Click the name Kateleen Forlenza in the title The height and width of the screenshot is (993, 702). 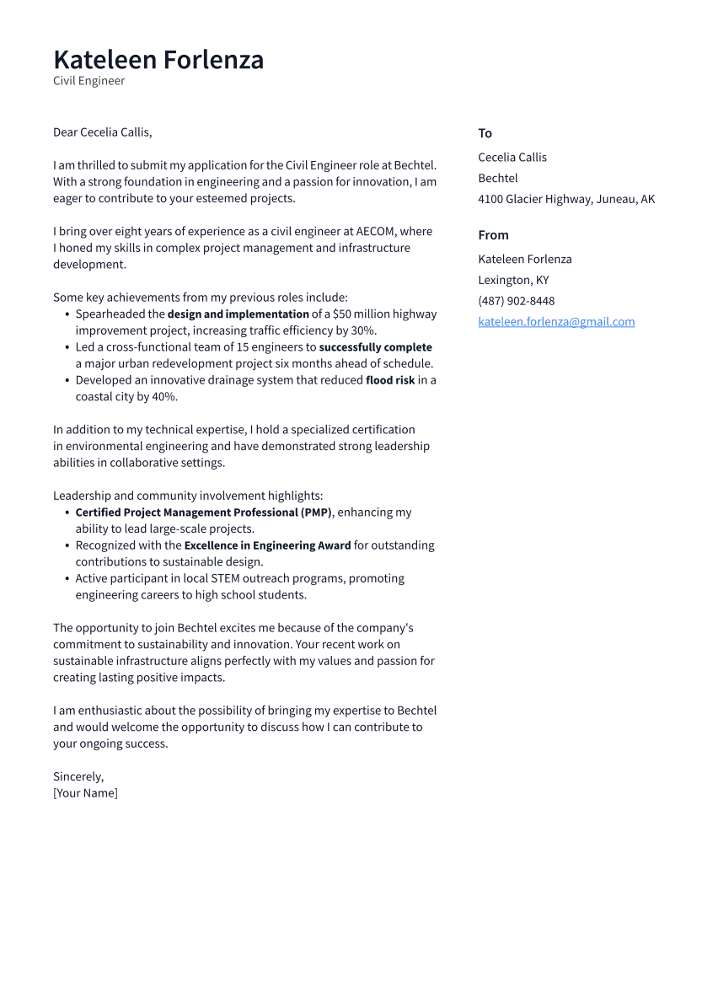[x=158, y=60]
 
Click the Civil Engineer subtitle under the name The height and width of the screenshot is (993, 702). [x=88, y=81]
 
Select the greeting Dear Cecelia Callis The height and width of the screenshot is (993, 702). [x=102, y=132]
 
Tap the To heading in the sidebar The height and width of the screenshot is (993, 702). [x=485, y=133]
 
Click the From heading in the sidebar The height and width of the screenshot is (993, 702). [x=493, y=235]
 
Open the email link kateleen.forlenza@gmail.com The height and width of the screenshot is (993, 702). [x=556, y=322]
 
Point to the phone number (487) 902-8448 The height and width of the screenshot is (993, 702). [x=516, y=301]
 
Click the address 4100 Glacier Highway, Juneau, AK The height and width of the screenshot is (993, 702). [x=565, y=200]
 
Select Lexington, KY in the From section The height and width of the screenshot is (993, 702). [x=513, y=280]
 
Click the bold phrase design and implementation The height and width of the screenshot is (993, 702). [x=238, y=314]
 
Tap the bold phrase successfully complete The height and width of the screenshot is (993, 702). [x=375, y=347]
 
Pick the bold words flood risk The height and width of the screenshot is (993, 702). [x=389, y=380]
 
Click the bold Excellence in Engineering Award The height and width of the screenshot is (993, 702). [x=267, y=545]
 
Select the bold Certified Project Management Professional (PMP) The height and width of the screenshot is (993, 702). [x=204, y=513]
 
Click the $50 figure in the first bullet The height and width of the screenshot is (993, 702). [x=342, y=314]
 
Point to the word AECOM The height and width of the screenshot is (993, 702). [x=376, y=232]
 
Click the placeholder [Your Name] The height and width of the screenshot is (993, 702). [x=85, y=793]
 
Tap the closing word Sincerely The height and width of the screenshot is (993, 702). [x=78, y=776]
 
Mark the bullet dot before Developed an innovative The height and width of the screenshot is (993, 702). [x=67, y=380]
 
